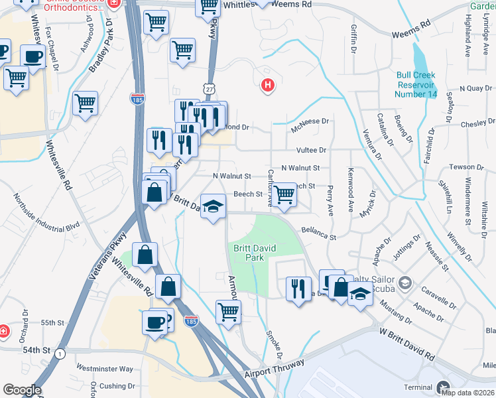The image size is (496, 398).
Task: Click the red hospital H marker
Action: [x=268, y=85]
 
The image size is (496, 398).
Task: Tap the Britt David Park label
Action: [x=249, y=253]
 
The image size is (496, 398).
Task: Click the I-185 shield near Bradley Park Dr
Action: [x=137, y=99]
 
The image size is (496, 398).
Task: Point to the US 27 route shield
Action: [x=210, y=88]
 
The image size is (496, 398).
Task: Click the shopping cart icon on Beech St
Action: [x=284, y=194]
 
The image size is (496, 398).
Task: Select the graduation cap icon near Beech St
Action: [x=213, y=206]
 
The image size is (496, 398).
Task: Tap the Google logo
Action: [x=22, y=390]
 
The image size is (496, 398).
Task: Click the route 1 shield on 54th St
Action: [x=60, y=354]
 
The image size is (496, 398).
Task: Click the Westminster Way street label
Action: [x=104, y=368]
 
